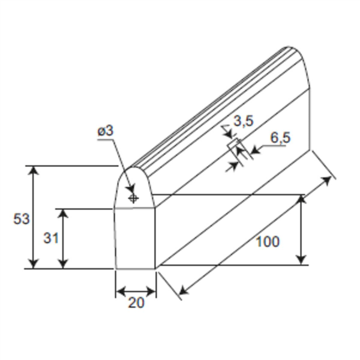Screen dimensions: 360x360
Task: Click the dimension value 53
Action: coord(21,219)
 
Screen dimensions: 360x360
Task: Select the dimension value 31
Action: coord(51,238)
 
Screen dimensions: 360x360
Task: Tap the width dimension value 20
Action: coord(136,303)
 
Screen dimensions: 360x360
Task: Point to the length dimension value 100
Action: coord(267,242)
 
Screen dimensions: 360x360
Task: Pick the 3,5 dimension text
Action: coord(244,121)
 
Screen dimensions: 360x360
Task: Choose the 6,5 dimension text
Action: coord(280,137)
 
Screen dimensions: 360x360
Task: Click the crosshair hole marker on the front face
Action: coord(133,197)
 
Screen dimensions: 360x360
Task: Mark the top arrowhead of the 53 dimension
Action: coord(34,170)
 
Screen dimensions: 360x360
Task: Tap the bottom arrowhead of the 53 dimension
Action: coord(34,264)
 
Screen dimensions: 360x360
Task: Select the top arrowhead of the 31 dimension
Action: coord(64,213)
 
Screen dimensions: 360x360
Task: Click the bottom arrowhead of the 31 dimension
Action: coord(64,264)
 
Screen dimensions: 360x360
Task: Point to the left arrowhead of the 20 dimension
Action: coord(119,292)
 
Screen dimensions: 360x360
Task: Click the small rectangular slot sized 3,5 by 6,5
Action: coord(234,147)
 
